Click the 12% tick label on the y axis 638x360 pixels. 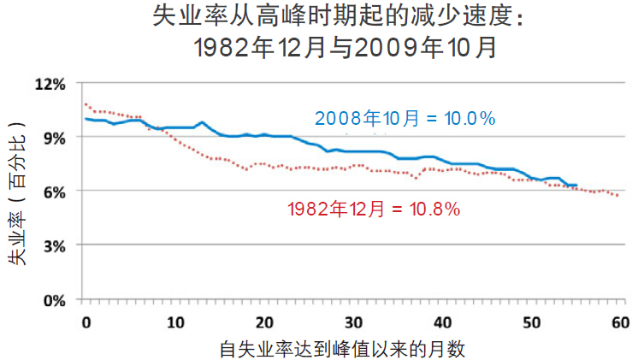(50, 84)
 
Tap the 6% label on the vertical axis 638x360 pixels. (53, 191)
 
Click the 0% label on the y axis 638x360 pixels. (53, 300)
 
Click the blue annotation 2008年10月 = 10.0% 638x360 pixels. (405, 118)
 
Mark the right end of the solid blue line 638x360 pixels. (576, 185)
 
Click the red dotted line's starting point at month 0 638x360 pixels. (86, 105)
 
